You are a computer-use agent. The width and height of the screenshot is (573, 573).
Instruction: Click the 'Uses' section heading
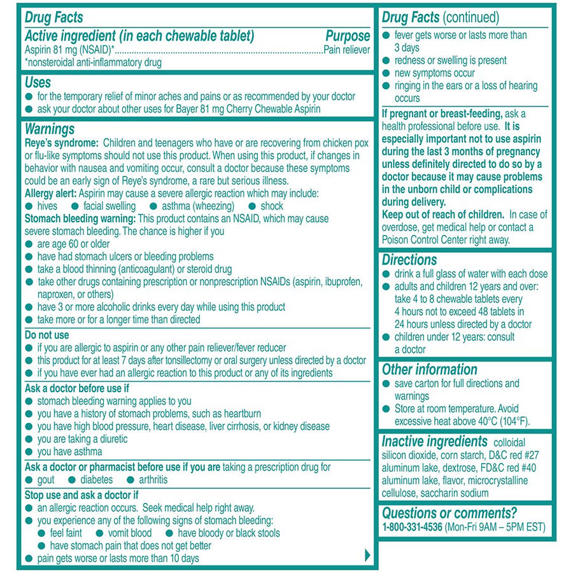pos(38,83)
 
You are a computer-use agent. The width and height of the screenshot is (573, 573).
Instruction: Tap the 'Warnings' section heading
pos(50,129)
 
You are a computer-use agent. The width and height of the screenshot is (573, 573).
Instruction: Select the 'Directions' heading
pos(409,260)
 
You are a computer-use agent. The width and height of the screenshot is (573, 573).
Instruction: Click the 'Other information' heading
pos(429,369)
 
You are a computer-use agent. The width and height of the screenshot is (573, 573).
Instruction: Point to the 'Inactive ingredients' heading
pos(433,441)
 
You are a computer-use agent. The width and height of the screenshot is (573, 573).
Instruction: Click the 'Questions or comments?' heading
pos(449,513)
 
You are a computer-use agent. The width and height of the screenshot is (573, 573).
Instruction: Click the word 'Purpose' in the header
pos(347,36)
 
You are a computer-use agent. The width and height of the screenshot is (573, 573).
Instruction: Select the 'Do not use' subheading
pos(46,335)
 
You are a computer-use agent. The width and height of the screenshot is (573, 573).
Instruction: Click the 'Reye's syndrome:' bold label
pos(61,143)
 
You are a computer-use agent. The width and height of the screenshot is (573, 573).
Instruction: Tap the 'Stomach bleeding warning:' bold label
pos(80,218)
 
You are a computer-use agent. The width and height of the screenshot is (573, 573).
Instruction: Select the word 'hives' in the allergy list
pos(47,206)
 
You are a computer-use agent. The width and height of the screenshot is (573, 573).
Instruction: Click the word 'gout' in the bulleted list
pos(46,480)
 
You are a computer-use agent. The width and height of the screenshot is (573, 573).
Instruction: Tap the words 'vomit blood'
pos(130,534)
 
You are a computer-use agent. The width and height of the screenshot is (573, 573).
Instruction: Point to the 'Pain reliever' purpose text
pos(346,50)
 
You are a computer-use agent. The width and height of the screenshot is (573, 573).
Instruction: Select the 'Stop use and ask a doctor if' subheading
pos(81,495)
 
